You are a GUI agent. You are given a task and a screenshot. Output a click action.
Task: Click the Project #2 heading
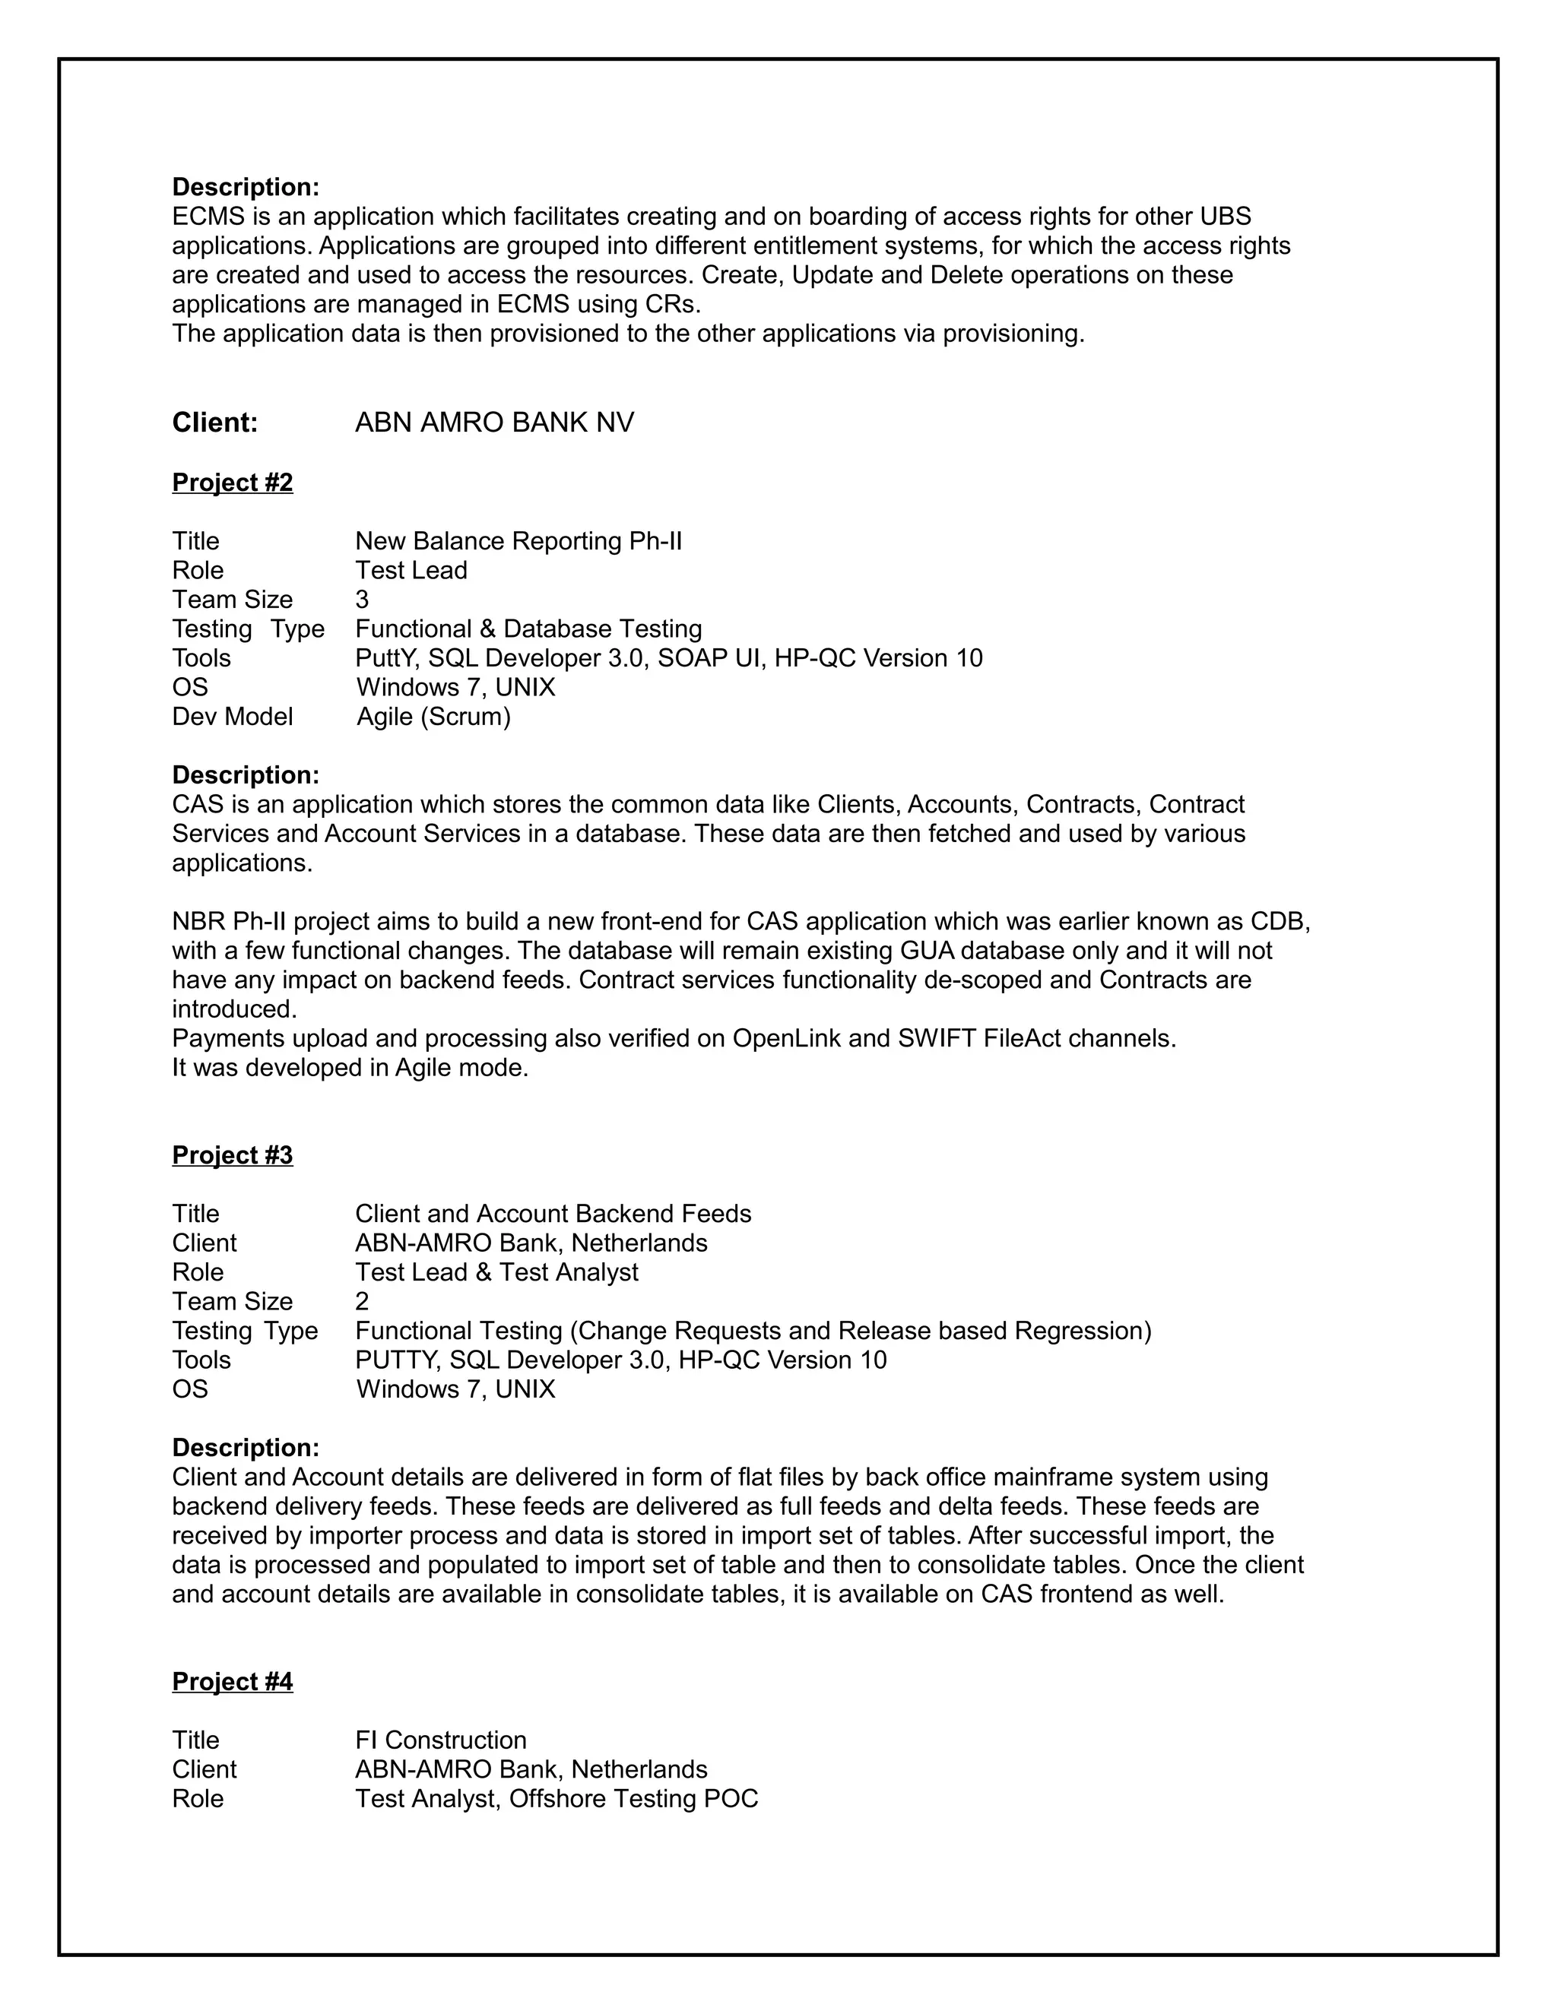233,483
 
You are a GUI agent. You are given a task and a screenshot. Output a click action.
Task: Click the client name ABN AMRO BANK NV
494,423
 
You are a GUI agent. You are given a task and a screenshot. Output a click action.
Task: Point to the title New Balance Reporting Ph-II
518,540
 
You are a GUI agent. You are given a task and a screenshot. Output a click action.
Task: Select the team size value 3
362,600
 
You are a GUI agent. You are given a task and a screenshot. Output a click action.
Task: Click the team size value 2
362,1301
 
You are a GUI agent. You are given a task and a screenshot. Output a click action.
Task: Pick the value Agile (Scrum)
433,717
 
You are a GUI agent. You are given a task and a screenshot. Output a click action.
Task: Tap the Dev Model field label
233,717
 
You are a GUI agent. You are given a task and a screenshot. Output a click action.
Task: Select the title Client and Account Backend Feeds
553,1214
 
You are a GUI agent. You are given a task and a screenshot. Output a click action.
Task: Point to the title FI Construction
441,1740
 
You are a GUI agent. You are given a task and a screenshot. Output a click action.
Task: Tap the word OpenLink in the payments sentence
786,1038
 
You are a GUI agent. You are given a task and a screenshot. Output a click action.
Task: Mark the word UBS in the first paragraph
1225,217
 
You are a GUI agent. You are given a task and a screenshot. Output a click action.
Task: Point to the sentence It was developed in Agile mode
350,1068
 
